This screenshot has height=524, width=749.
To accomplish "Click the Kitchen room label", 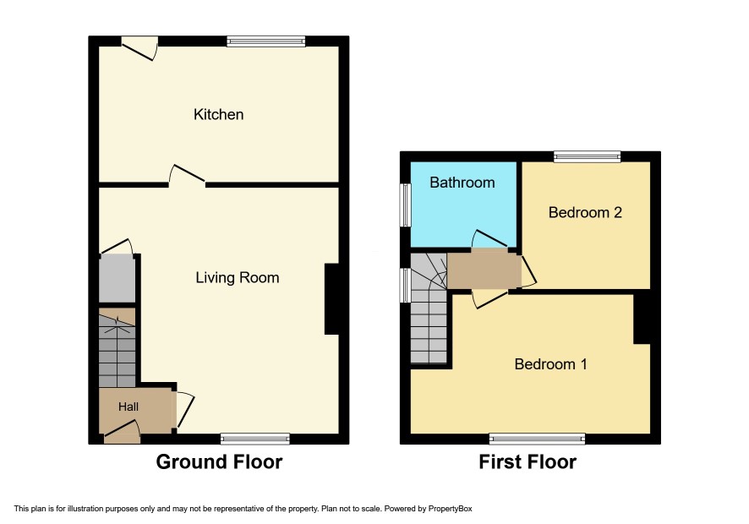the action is click(218, 115).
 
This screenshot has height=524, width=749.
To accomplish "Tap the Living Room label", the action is click(238, 277).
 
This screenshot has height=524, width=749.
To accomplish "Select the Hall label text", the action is click(128, 407).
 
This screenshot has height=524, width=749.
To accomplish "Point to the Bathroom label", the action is click(462, 183).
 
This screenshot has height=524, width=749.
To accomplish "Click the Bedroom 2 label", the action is click(585, 213).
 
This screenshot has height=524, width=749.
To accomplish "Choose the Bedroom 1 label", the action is click(551, 364).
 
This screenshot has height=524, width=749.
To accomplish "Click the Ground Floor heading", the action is click(219, 462).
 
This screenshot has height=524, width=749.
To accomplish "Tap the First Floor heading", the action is click(528, 462).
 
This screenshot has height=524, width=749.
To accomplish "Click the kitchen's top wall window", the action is click(266, 41).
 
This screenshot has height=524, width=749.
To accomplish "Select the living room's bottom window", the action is click(255, 439).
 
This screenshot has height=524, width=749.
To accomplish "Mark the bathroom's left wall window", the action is click(406, 205).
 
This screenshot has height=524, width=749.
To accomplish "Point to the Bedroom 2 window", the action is click(587, 156).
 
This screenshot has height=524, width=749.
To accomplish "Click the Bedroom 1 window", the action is click(538, 439).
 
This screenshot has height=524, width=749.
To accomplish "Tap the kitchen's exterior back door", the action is click(139, 48).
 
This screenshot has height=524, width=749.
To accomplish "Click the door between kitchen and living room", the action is click(187, 176).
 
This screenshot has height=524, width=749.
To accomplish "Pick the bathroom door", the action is click(489, 240).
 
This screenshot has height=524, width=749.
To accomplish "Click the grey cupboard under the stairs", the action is click(117, 278).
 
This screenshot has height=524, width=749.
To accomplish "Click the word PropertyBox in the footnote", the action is click(450, 509).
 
